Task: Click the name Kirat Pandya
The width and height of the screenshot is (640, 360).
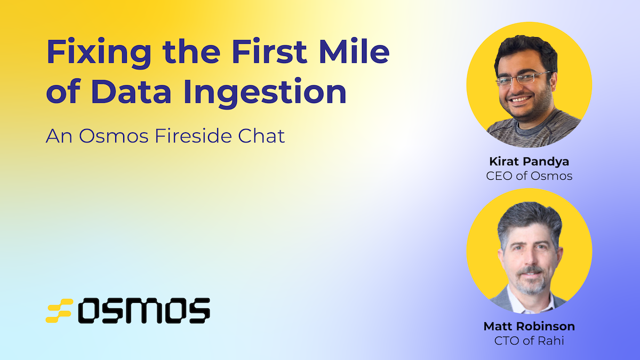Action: point(529,161)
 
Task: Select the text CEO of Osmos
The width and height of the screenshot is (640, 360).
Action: point(529,175)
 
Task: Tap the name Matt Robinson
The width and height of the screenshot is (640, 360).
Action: point(529,326)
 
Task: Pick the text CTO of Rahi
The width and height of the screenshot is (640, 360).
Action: point(529,340)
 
